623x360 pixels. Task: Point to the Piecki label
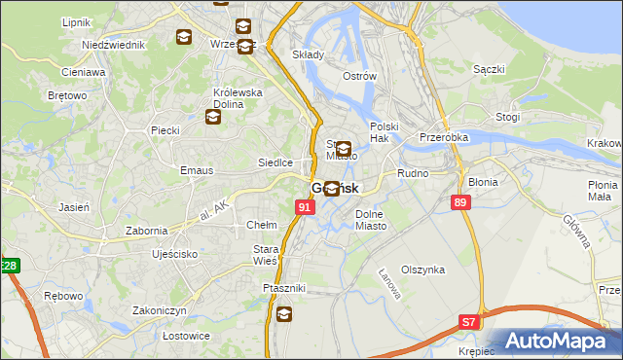165,129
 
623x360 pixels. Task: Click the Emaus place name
169,170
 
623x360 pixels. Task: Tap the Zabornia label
147,231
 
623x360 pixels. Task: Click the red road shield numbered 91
305,207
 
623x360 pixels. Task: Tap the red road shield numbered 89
460,201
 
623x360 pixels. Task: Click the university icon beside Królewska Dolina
212,118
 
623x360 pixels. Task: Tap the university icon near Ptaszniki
283,313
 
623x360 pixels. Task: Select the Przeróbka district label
444,138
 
